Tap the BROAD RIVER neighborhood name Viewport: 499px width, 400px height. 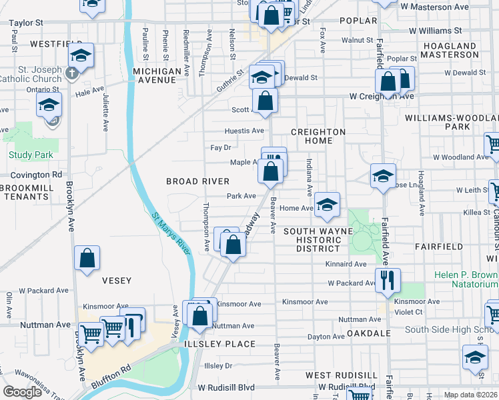click(197, 181)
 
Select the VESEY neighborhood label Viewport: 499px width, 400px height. click(116, 281)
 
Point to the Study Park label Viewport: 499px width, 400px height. click(31, 155)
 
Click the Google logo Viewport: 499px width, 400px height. click(22, 391)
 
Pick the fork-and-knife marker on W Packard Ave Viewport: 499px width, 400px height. click(387, 280)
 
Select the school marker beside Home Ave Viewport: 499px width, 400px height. click(327, 205)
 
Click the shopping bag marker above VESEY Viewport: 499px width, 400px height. click(87, 259)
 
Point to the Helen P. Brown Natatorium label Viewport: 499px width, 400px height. click(463, 279)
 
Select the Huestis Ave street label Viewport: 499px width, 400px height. click(244, 131)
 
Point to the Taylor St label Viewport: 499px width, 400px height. click(26, 22)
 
